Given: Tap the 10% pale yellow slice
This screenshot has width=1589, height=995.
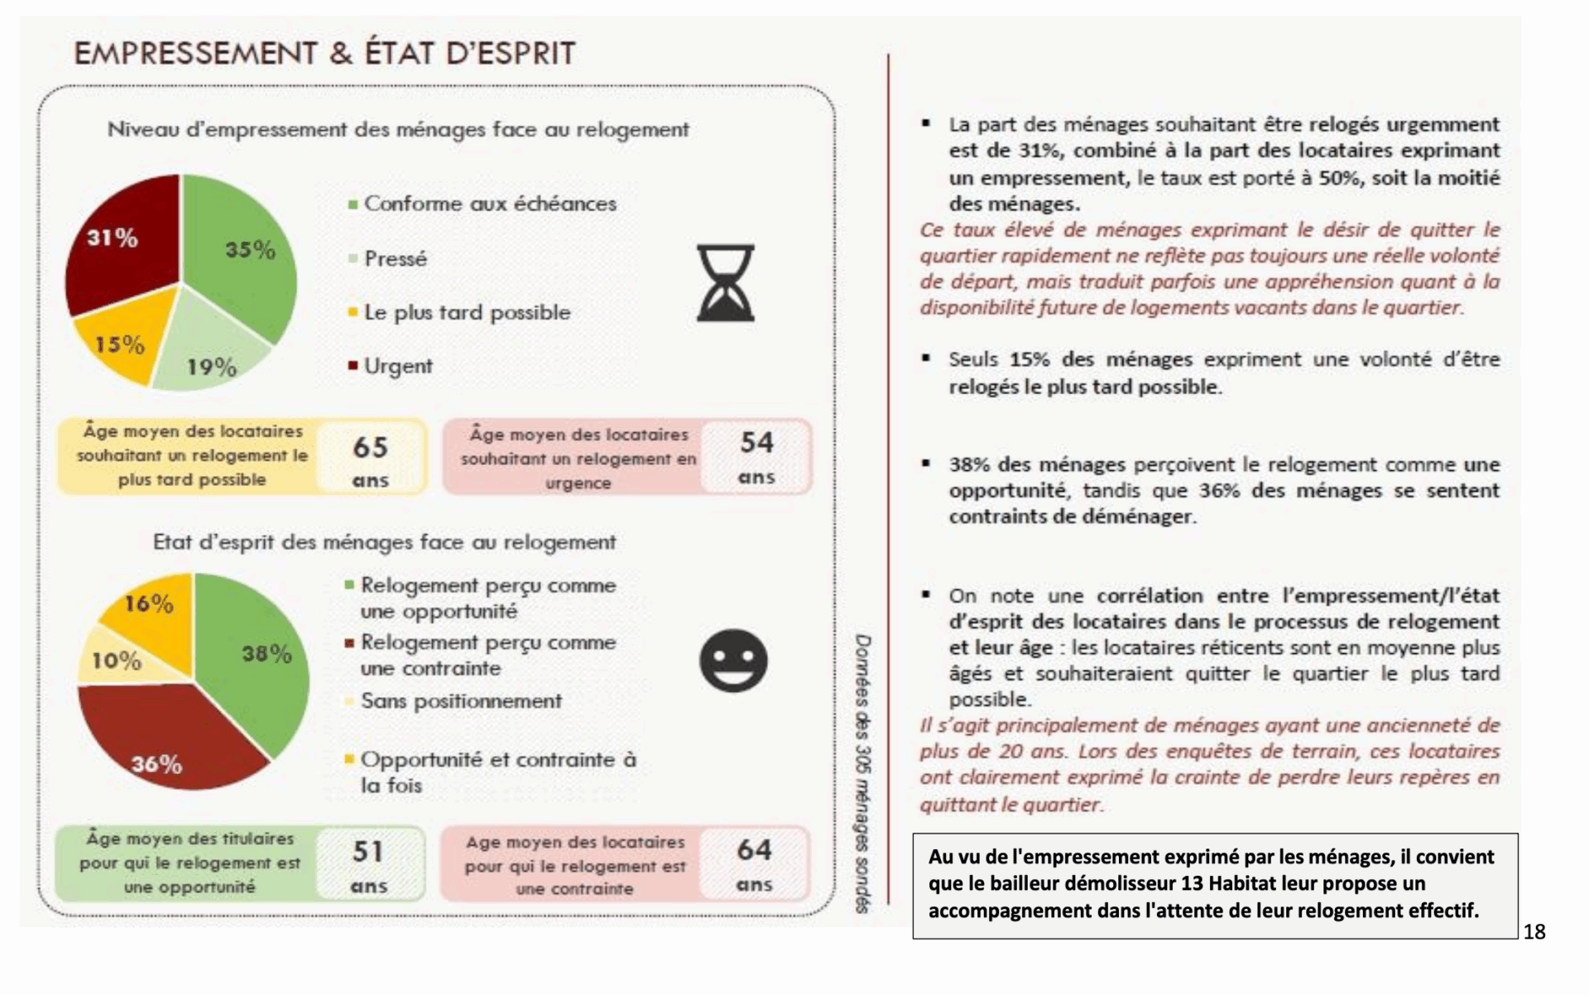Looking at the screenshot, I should click(x=116, y=658).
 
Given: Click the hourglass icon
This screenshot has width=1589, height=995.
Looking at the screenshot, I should click(x=725, y=283).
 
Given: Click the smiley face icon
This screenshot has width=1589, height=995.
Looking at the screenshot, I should click(x=733, y=661).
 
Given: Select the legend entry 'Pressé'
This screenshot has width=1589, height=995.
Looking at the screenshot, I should click(x=395, y=259).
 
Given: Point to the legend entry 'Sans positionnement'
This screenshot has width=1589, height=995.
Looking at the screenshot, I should click(x=460, y=701).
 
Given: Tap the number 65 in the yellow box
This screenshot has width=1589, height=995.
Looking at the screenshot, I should click(x=370, y=448).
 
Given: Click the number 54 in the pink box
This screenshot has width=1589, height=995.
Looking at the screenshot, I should click(x=756, y=443).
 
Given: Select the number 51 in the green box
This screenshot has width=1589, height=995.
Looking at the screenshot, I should click(x=368, y=852).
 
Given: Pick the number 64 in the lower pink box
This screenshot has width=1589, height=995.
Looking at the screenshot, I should click(x=754, y=850).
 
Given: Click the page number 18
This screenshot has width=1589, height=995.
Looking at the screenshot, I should click(x=1534, y=932).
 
